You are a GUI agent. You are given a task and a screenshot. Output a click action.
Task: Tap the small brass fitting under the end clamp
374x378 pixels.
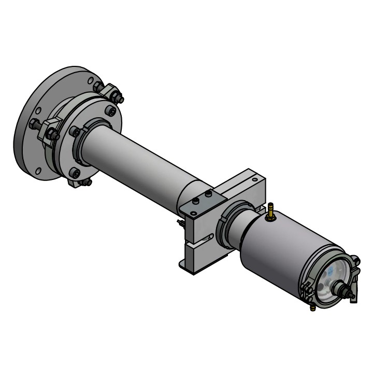point(313,307)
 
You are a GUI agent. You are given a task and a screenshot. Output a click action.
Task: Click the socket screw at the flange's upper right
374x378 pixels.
point(109,110)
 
